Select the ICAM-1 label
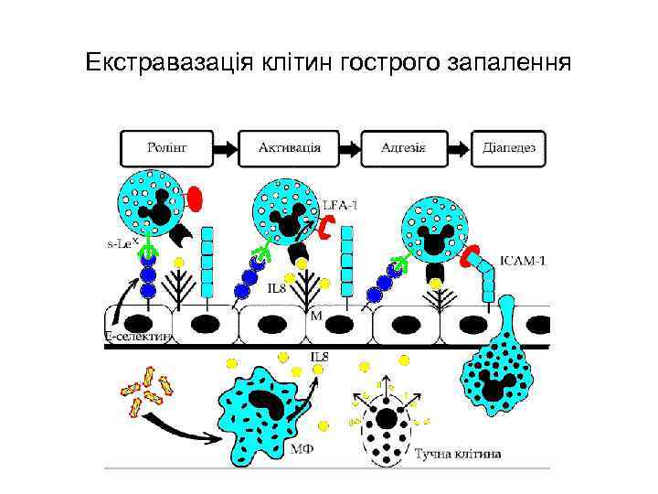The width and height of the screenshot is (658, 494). point(525,260)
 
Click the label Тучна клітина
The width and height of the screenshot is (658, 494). point(458,453)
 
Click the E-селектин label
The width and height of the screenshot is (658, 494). point(139,338)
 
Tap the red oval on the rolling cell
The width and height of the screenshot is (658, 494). point(195,199)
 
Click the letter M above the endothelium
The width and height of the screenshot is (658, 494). point(315,316)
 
